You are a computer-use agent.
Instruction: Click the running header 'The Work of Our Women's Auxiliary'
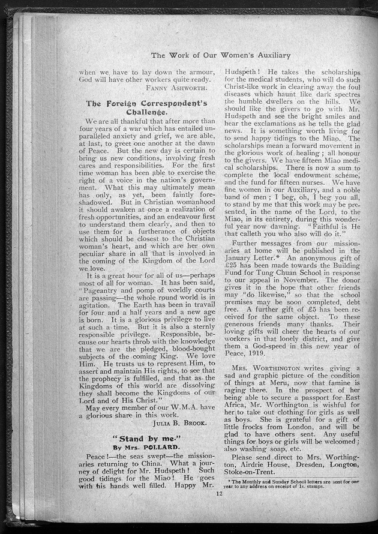[221, 55]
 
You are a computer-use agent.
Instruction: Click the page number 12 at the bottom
[219, 493]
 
